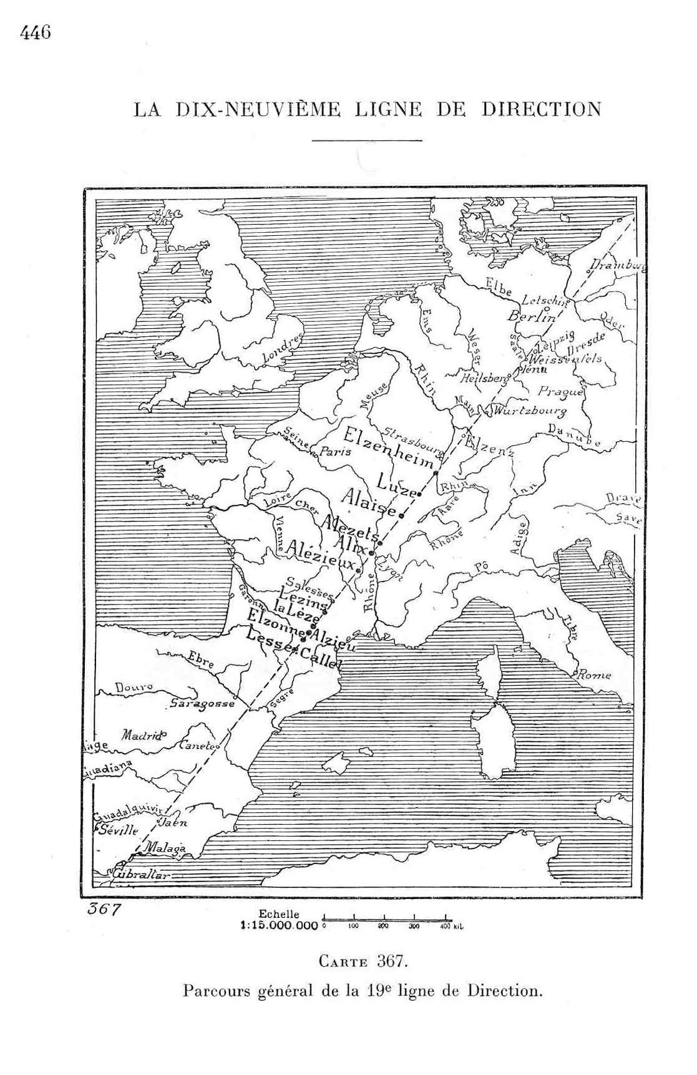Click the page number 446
coord(35,33)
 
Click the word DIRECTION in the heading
coord(541,109)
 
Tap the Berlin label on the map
coord(531,316)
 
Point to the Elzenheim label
coord(389,448)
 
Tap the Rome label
coord(595,675)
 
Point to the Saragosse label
coord(202,704)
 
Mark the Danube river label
coord(574,435)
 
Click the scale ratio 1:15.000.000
coord(280,927)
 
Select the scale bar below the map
coord(385,919)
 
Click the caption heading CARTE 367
coord(363,961)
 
